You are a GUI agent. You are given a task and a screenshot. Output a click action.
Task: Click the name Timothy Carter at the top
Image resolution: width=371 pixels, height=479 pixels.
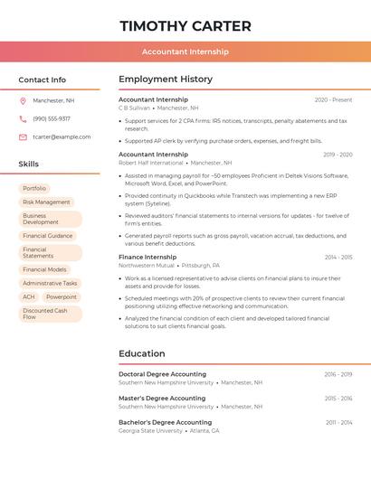pyautogui.click(x=185, y=25)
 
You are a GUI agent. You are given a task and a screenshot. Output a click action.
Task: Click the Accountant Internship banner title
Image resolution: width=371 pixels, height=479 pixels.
pyautogui.click(x=185, y=52)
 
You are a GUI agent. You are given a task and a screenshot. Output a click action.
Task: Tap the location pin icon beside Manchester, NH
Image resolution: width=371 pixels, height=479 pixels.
pyautogui.click(x=23, y=100)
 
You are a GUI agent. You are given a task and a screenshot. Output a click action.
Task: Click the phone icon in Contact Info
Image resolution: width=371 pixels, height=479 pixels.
pyautogui.click(x=23, y=118)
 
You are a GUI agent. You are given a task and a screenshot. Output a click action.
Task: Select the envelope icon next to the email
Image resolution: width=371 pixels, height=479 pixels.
pyautogui.click(x=23, y=136)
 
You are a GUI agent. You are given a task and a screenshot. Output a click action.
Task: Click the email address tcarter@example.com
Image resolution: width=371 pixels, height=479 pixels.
pyautogui.click(x=62, y=136)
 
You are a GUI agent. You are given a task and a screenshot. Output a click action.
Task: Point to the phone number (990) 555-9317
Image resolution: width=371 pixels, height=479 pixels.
pyautogui.click(x=52, y=118)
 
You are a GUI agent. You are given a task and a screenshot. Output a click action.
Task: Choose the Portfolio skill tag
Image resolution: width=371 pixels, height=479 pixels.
pyautogui.click(x=34, y=188)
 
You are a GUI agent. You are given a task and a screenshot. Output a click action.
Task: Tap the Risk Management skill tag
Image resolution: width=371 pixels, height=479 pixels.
pyautogui.click(x=46, y=202)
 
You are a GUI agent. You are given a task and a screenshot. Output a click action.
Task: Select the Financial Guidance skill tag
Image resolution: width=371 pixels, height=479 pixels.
pyautogui.click(x=48, y=236)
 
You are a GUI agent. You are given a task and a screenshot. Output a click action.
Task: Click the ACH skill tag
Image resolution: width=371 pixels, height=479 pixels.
pyautogui.click(x=29, y=296)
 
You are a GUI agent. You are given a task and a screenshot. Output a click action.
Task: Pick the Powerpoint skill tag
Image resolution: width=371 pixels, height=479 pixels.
pyautogui.click(x=62, y=296)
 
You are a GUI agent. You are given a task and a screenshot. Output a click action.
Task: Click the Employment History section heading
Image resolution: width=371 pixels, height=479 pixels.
pyautogui.click(x=166, y=79)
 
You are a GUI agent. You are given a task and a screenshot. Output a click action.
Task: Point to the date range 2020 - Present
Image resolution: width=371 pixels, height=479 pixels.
pyautogui.click(x=333, y=99)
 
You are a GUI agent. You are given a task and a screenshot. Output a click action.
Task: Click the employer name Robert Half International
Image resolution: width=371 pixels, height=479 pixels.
pyautogui.click(x=151, y=163)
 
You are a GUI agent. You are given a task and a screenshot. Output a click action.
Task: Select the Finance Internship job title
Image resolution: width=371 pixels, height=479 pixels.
pyautogui.click(x=147, y=258)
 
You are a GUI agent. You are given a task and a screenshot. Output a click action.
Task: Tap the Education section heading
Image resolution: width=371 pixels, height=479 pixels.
pyautogui.click(x=142, y=353)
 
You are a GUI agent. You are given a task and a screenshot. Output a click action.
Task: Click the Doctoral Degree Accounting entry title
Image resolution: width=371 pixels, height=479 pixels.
pyautogui.click(x=162, y=374)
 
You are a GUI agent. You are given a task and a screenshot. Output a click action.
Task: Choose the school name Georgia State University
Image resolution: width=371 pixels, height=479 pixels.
pyautogui.click(x=150, y=431)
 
